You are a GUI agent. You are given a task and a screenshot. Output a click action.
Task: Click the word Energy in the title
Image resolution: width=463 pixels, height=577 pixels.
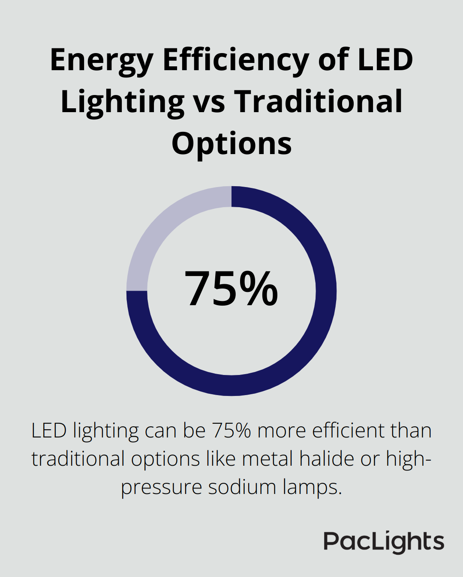101,61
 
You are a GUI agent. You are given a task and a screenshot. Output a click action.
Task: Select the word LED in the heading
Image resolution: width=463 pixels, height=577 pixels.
385,60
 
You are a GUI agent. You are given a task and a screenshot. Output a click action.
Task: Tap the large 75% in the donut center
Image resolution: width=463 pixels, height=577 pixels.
231,289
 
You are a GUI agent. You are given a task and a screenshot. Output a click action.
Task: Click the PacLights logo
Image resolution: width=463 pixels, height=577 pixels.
384,542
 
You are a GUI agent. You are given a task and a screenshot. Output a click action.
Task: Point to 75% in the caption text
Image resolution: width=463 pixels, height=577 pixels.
231,431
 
